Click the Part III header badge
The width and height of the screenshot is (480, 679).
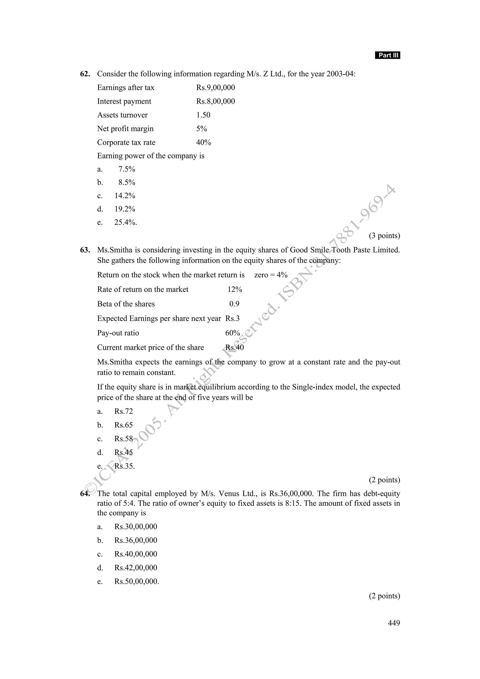point(387,55)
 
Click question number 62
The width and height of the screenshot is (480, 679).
point(85,74)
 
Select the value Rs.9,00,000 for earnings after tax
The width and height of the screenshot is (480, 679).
point(215,88)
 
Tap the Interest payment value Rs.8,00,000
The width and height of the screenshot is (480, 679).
point(215,101)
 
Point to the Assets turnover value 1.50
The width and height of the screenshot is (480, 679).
point(203,115)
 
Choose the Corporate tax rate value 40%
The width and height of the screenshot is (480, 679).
point(203,142)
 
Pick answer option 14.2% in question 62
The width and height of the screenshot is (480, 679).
point(125,196)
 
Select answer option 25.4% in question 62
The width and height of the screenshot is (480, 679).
point(125,222)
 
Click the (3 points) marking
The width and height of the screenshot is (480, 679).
point(384,236)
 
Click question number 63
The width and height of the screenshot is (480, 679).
point(85,250)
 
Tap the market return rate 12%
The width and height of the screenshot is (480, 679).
point(235,290)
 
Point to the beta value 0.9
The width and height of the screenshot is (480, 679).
point(234,304)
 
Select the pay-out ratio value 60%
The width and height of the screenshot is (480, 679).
point(232,333)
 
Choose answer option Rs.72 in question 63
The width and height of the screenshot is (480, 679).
point(124,411)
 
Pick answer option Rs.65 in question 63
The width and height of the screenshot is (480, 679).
point(124,425)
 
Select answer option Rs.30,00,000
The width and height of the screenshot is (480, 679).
point(136,527)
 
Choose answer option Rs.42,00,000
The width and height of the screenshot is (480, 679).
point(136,568)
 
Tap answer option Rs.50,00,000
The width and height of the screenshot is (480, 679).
point(136,581)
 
